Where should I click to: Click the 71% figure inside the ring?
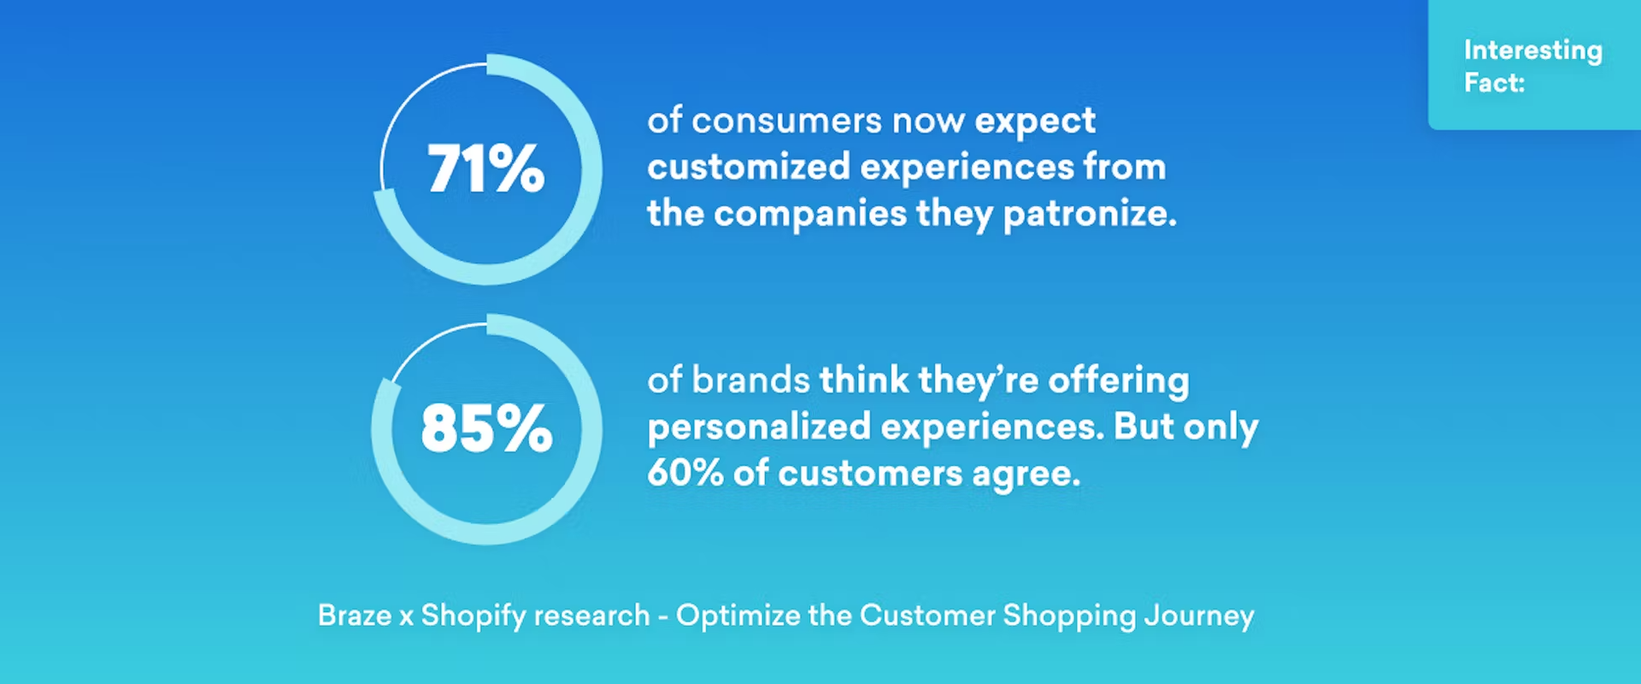tap(485, 168)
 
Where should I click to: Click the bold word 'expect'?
tap(1035, 122)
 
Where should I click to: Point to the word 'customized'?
tap(748, 167)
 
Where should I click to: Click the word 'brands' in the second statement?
tap(750, 380)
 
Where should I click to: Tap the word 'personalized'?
tap(759, 427)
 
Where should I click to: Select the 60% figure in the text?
tap(685, 473)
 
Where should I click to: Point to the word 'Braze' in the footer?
tap(355, 616)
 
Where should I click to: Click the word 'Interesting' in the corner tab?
tap(1532, 51)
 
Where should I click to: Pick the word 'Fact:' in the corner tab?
tap(1494, 83)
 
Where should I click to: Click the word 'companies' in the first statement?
tap(809, 215)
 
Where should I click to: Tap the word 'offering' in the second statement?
tap(1118, 381)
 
